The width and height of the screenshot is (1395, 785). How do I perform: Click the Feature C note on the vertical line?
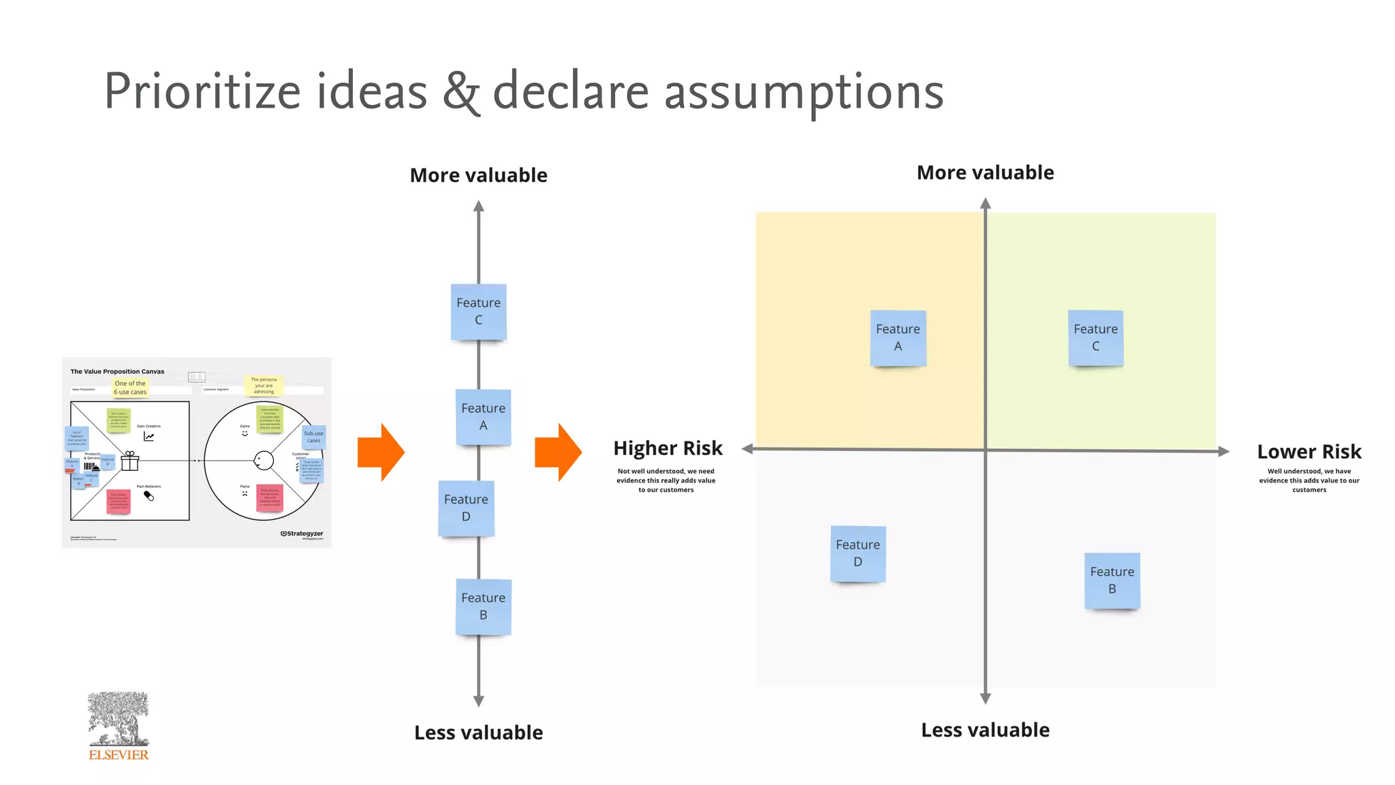click(478, 311)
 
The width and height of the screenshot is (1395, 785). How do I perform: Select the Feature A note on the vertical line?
click(483, 416)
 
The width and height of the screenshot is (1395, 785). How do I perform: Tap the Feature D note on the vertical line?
click(466, 508)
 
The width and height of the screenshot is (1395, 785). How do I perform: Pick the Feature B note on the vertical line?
click(483, 606)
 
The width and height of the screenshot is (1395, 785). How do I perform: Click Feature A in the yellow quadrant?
click(898, 338)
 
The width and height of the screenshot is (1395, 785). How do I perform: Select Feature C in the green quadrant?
click(1095, 338)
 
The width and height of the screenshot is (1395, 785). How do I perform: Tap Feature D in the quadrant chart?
click(858, 553)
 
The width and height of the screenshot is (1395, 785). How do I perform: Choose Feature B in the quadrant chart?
click(1112, 581)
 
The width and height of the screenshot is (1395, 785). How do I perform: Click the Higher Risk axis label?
click(668, 448)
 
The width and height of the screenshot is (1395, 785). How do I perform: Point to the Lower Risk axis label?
click(1308, 452)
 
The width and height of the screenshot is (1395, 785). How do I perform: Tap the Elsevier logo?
click(119, 726)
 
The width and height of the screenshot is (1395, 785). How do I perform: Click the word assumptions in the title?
click(804, 91)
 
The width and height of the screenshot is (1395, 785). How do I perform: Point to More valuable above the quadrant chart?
click(985, 173)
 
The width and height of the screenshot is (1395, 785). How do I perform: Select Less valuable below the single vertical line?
click(478, 733)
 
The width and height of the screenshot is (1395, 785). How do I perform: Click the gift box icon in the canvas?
click(129, 461)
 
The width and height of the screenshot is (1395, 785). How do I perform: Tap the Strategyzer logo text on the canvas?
click(302, 534)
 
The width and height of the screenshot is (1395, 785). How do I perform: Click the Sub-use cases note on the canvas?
click(313, 437)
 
